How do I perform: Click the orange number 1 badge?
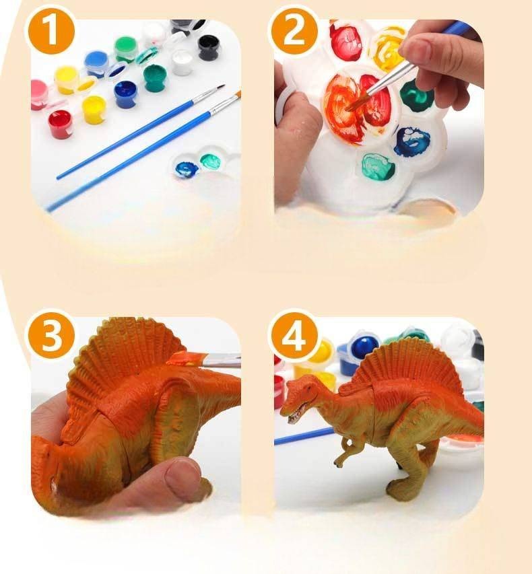click(x=51, y=32)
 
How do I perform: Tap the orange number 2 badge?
click(x=294, y=32)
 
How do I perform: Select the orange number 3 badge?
click(x=51, y=335)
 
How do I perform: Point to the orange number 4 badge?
click(x=294, y=335)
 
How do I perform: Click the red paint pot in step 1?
click(x=60, y=124)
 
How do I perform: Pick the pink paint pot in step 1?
click(x=38, y=94)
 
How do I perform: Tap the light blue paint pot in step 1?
click(x=97, y=64)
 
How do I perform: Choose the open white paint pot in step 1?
click(x=182, y=62)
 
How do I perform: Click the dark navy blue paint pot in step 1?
click(x=125, y=94)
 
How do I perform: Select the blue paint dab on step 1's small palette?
click(x=187, y=169)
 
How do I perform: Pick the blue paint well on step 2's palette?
click(x=412, y=141)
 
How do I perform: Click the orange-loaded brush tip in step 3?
click(x=183, y=359)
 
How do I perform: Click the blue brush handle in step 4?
click(x=304, y=436)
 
